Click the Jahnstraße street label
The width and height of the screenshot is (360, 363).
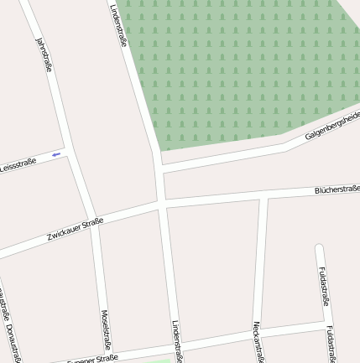click(x=44, y=54)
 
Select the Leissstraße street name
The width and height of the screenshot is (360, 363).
click(x=18, y=164)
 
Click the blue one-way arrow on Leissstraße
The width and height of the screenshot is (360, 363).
click(x=56, y=154)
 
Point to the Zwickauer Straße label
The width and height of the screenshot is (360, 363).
click(x=75, y=227)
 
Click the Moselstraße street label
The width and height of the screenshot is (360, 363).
click(x=107, y=329)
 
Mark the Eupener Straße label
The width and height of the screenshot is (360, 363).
click(x=92, y=359)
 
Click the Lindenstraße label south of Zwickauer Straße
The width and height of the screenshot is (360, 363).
click(x=177, y=340)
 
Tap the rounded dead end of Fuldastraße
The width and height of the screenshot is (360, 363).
click(x=319, y=247)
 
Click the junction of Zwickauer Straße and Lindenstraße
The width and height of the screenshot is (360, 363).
click(x=160, y=204)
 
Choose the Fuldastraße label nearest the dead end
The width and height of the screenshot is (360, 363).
click(x=324, y=286)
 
